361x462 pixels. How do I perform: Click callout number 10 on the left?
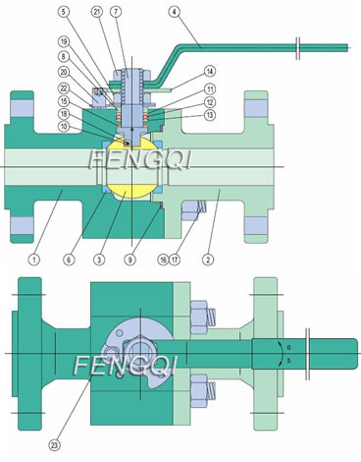(x=64, y=126)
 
